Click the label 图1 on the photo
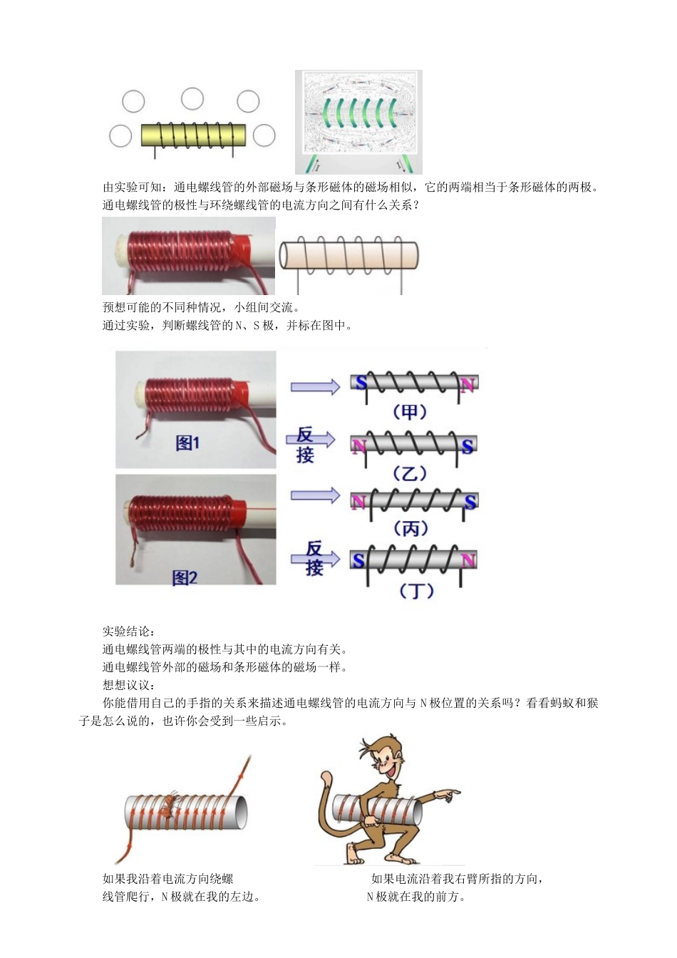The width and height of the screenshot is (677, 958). tap(187, 443)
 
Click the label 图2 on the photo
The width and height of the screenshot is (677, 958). tap(185, 577)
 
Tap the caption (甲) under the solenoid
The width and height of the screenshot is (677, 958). tap(410, 412)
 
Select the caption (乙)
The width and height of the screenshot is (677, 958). tap(410, 473)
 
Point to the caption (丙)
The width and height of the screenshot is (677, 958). tap(410, 528)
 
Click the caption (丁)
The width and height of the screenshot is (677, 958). tap(415, 590)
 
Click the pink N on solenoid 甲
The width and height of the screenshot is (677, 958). tap(467, 386)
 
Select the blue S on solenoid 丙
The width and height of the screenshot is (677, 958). tap(470, 503)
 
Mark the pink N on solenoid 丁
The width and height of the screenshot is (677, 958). tap(467, 561)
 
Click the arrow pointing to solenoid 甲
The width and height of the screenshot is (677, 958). tap(315, 387)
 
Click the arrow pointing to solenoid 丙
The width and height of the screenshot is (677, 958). tap(315, 495)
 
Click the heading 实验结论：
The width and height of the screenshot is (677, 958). tap(129, 632)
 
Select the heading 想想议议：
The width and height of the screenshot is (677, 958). tap(129, 685)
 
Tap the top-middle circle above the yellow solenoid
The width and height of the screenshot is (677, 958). tap(192, 99)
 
